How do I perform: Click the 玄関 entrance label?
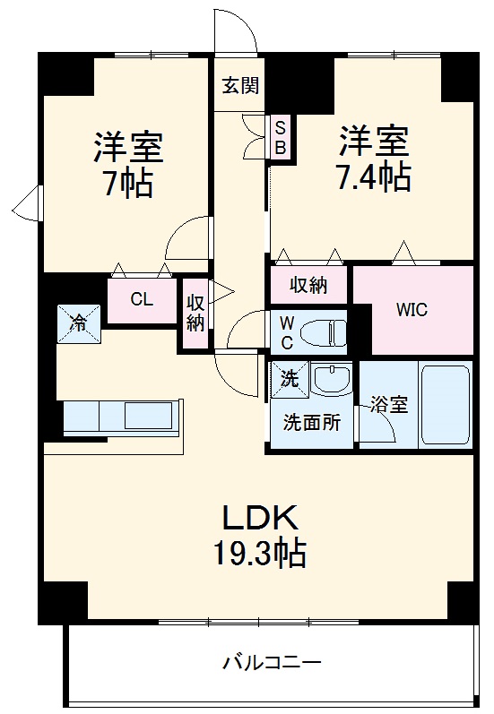(x=241, y=86)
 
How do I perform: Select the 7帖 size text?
(x=126, y=183)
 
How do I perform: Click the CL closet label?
(x=142, y=299)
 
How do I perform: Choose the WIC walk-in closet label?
(x=412, y=310)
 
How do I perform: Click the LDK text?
(x=259, y=519)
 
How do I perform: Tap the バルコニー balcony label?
(x=272, y=663)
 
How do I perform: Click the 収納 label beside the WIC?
(x=308, y=286)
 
